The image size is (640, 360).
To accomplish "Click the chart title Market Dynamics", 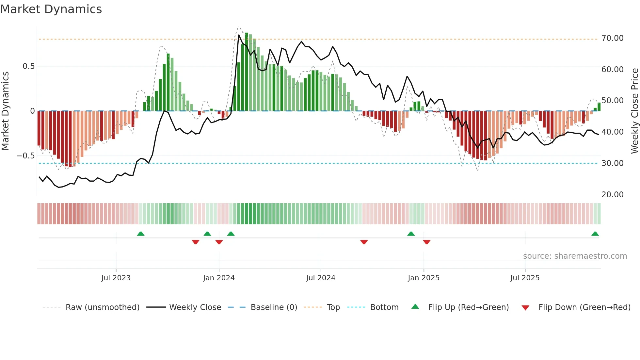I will (51, 9).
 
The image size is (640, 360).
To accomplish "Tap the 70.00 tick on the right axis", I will (612, 38).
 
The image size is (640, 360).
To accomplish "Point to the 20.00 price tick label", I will (612, 194).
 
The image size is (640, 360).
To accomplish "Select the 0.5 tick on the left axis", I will (28, 66).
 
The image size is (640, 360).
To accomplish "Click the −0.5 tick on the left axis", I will (25, 156).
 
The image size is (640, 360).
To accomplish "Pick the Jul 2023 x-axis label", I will (116, 278).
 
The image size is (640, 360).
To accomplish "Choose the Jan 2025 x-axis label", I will (424, 278).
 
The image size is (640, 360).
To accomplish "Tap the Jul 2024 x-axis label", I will (321, 278).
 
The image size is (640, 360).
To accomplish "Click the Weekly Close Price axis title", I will (634, 111).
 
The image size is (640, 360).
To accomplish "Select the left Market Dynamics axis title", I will (6, 111).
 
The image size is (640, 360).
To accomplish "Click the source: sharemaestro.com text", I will (575, 256).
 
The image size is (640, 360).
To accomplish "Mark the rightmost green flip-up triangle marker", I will (595, 234).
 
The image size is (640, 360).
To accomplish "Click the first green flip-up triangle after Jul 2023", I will (141, 234).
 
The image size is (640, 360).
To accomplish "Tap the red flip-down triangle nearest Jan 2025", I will (426, 242).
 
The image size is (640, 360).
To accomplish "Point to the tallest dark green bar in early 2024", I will (247, 72).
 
